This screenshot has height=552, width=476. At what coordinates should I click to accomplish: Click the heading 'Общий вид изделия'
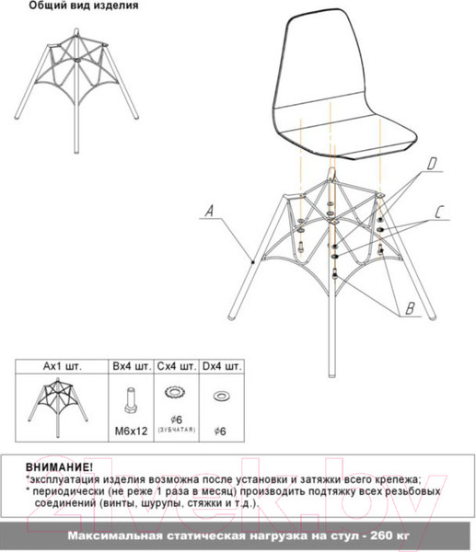point(84,6)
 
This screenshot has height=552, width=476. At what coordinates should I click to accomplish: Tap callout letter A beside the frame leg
point(210,212)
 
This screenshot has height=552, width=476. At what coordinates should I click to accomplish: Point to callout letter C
point(440,213)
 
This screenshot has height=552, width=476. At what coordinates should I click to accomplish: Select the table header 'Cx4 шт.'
point(176,366)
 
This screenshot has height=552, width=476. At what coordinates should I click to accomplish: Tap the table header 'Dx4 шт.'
point(222,366)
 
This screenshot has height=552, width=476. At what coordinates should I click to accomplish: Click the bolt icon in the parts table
point(130,401)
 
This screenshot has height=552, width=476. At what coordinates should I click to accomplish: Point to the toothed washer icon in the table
point(175,394)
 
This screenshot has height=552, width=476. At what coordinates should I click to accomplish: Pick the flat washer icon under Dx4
point(221,397)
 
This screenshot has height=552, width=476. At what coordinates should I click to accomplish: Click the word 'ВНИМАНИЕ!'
point(59,467)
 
